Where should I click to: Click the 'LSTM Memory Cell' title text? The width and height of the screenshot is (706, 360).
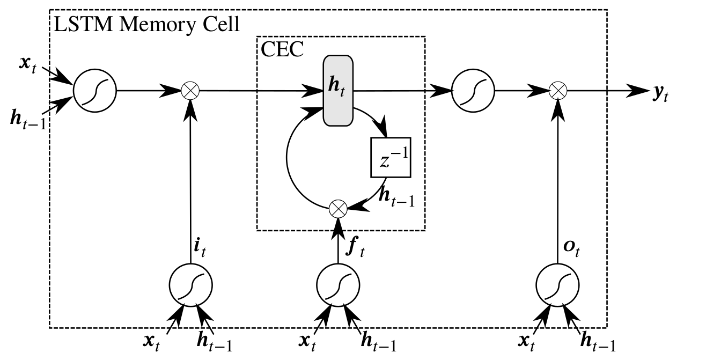(x=145, y=24)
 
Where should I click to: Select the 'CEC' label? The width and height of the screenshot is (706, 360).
(x=282, y=49)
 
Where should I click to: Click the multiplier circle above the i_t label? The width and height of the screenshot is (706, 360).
(x=189, y=91)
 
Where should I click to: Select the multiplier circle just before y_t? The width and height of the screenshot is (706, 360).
(x=560, y=91)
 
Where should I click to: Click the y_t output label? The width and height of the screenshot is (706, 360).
(x=661, y=93)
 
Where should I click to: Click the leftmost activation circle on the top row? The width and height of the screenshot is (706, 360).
(x=94, y=91)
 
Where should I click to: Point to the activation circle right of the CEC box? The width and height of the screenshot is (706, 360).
(x=473, y=91)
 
